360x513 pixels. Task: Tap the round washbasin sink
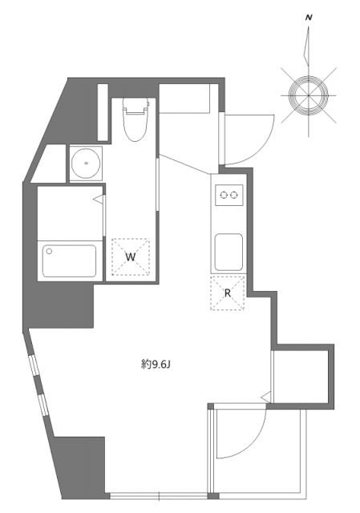click(x=83, y=164)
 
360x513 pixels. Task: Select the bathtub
click(x=69, y=261)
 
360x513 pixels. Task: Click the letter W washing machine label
click(x=129, y=256)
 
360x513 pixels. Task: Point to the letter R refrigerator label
click(x=228, y=293)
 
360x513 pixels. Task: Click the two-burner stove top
click(x=227, y=194)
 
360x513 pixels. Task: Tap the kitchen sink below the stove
click(x=228, y=251)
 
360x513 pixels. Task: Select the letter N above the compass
click(x=309, y=16)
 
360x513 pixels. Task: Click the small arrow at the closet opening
click(x=266, y=395)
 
